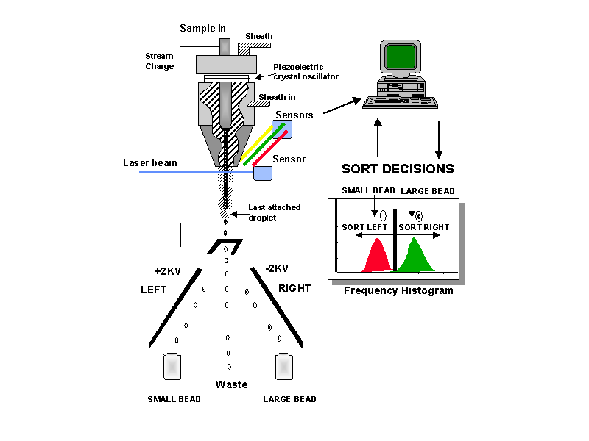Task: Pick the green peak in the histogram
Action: click(x=415, y=257)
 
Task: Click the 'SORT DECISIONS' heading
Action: click(x=398, y=169)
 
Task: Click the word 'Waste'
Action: click(x=231, y=384)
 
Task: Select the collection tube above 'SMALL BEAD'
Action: click(x=172, y=367)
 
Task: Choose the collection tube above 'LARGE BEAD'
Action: click(x=283, y=367)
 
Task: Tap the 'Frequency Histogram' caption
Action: click(x=398, y=290)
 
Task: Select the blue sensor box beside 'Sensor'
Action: click(x=262, y=173)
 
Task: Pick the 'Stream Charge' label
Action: click(x=160, y=60)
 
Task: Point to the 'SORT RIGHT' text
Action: click(x=423, y=227)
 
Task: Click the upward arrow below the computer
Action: click(x=378, y=140)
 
